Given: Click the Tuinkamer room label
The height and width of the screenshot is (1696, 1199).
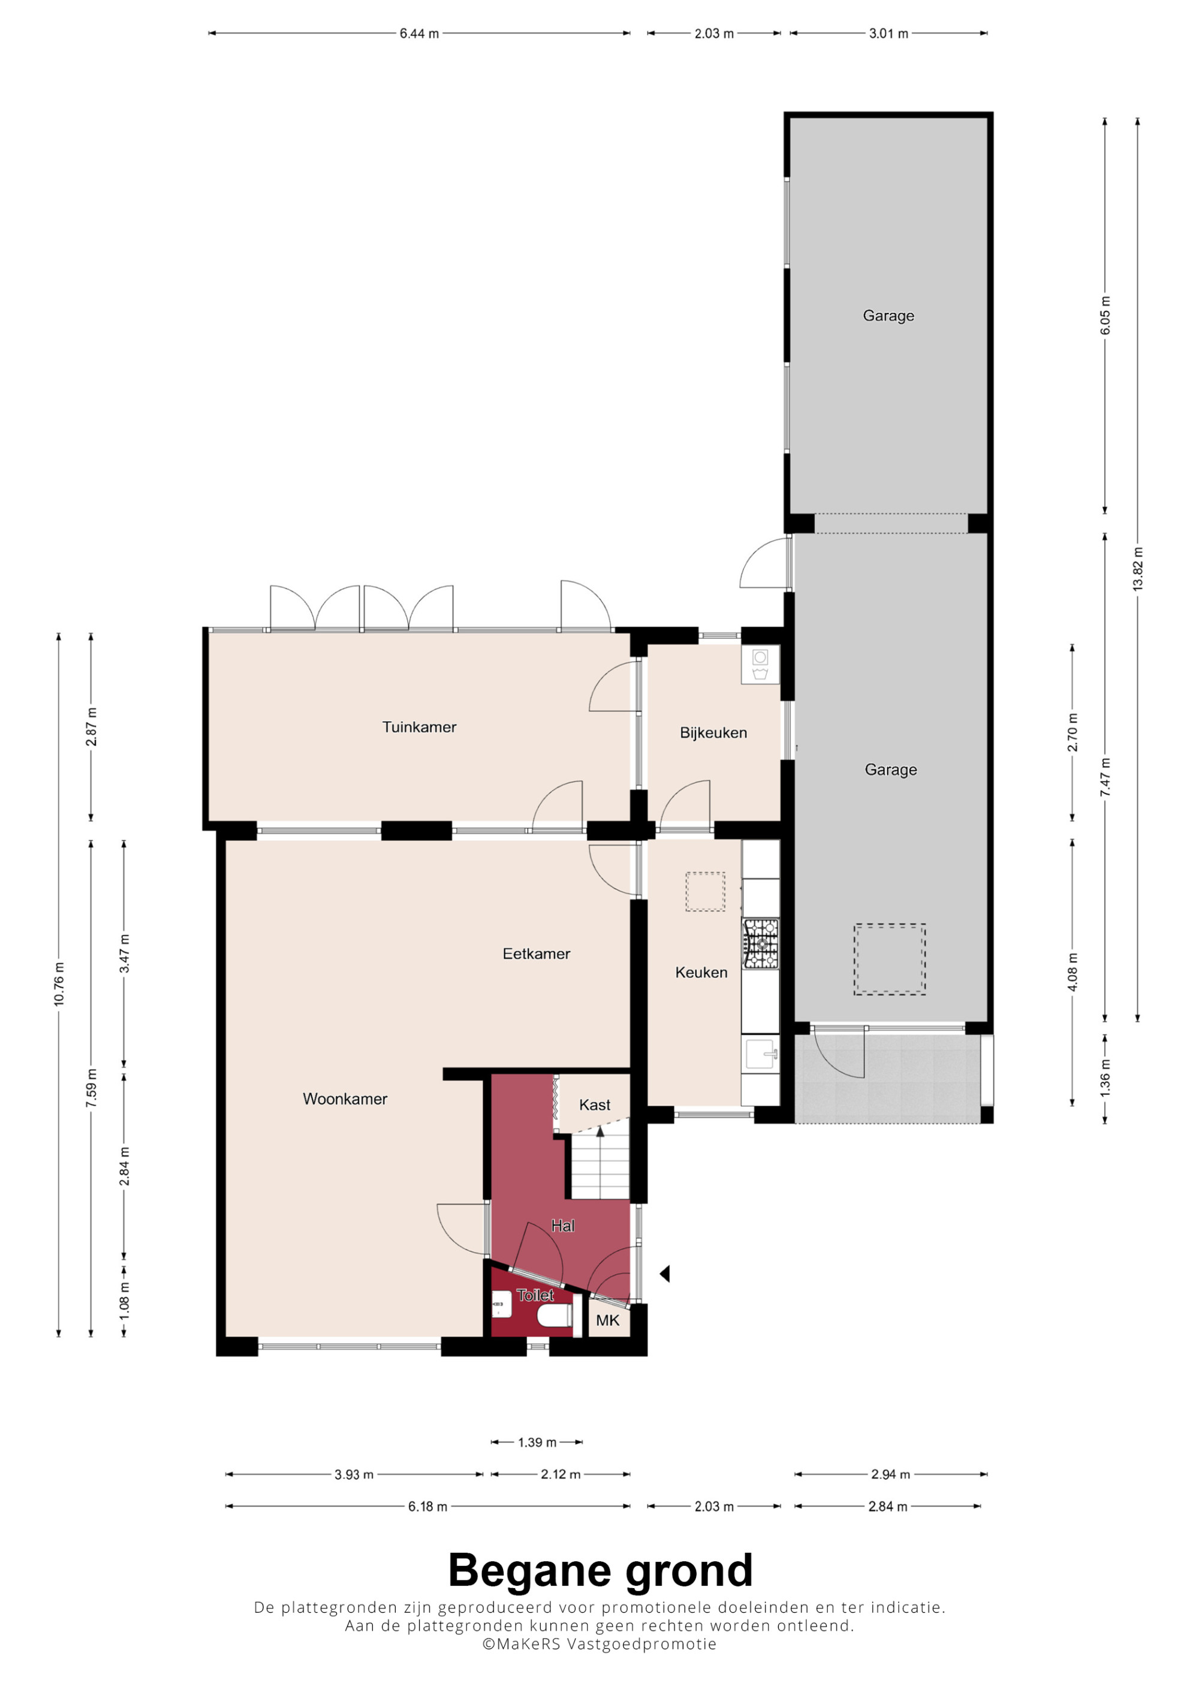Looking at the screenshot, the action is (419, 727).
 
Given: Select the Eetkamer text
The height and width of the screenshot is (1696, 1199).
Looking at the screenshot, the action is (537, 953).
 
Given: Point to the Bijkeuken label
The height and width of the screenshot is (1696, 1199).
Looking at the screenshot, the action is (713, 733).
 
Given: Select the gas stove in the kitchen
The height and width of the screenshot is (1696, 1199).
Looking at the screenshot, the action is (761, 943).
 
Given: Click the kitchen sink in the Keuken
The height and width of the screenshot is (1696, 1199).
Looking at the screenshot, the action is (761, 1054).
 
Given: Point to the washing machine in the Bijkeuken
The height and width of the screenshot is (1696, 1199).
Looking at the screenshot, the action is (760, 664).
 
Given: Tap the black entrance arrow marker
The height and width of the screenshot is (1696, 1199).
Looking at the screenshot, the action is (665, 1273).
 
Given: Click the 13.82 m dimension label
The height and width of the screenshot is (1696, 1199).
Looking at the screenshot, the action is (1138, 569).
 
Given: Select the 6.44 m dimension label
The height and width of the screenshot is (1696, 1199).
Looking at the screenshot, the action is (419, 33).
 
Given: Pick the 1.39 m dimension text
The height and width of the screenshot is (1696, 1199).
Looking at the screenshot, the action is (537, 1442).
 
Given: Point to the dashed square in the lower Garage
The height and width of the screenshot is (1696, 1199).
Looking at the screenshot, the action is (890, 959).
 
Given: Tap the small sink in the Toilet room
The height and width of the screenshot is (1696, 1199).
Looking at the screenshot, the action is (502, 1304).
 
